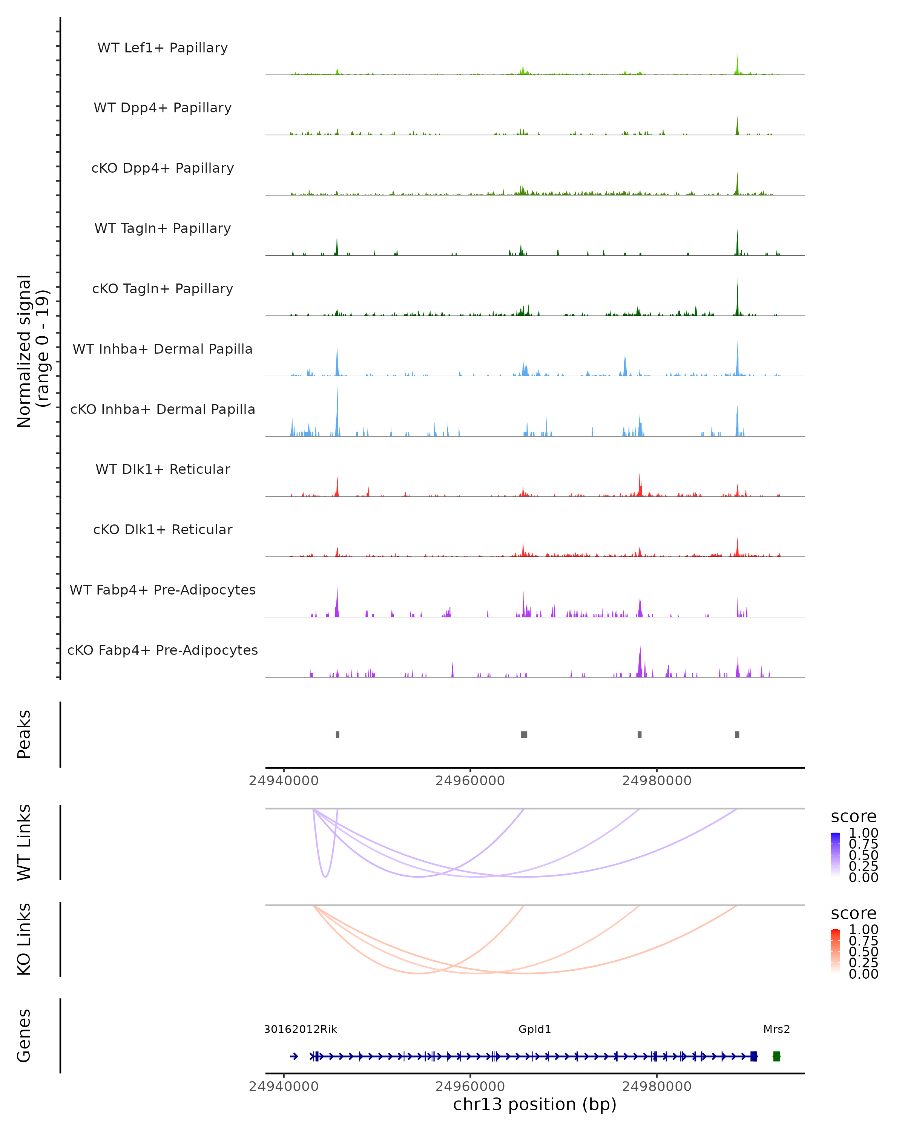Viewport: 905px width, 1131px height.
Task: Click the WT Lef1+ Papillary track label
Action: pos(163,48)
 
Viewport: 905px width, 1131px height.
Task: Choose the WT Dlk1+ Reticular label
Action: pos(163,469)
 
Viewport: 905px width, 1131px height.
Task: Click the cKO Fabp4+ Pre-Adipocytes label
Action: pos(163,650)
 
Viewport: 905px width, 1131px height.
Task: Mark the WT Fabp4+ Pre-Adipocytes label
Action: pos(163,590)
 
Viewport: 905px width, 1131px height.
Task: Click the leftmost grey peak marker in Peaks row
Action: pos(337,734)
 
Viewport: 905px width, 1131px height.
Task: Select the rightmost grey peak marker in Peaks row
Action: pos(737,734)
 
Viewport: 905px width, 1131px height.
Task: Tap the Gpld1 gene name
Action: pos(535,1029)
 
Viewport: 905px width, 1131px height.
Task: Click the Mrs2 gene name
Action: pos(776,1029)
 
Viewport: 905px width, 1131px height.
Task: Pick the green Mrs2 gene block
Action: pos(776,1056)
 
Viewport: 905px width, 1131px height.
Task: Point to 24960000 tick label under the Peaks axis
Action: pos(470,781)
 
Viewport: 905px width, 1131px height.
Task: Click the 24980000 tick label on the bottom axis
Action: pos(657,1087)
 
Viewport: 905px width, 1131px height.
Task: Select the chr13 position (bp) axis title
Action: pos(535,1105)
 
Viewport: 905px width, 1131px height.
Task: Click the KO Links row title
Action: pos(24,939)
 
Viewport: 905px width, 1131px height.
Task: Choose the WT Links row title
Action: pos(24,843)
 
